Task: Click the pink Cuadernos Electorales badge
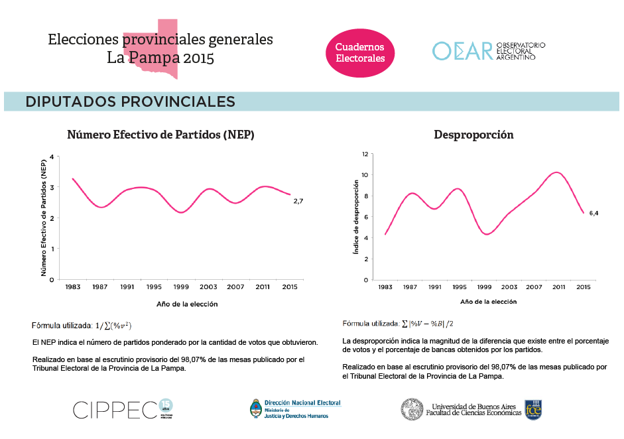[x=360, y=52]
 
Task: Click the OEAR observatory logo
[x=489, y=51]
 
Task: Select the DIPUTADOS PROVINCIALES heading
[x=131, y=101]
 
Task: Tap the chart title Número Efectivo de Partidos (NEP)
[x=161, y=135]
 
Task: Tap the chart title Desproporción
[x=473, y=135]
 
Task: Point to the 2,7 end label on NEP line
[x=298, y=201]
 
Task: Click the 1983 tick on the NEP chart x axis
[x=73, y=286]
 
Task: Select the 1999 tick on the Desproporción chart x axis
[x=484, y=286]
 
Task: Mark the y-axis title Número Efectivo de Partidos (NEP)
[x=44, y=218]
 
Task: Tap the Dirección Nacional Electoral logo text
[x=302, y=403]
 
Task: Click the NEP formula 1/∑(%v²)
[x=114, y=326]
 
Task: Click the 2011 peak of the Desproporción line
[x=557, y=173]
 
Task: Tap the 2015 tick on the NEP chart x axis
[x=289, y=286]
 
